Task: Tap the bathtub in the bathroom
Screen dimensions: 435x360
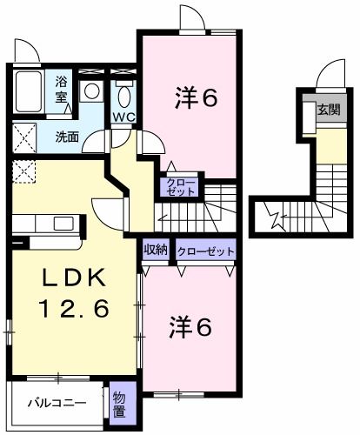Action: [x=28, y=92]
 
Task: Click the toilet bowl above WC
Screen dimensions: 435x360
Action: [x=123, y=93]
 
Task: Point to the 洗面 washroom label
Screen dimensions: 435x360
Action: [x=67, y=136]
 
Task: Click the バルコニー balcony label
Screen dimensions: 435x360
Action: [x=57, y=403]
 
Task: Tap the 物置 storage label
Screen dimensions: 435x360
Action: [x=123, y=403]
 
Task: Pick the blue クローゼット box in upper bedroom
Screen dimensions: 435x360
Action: [x=181, y=184]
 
